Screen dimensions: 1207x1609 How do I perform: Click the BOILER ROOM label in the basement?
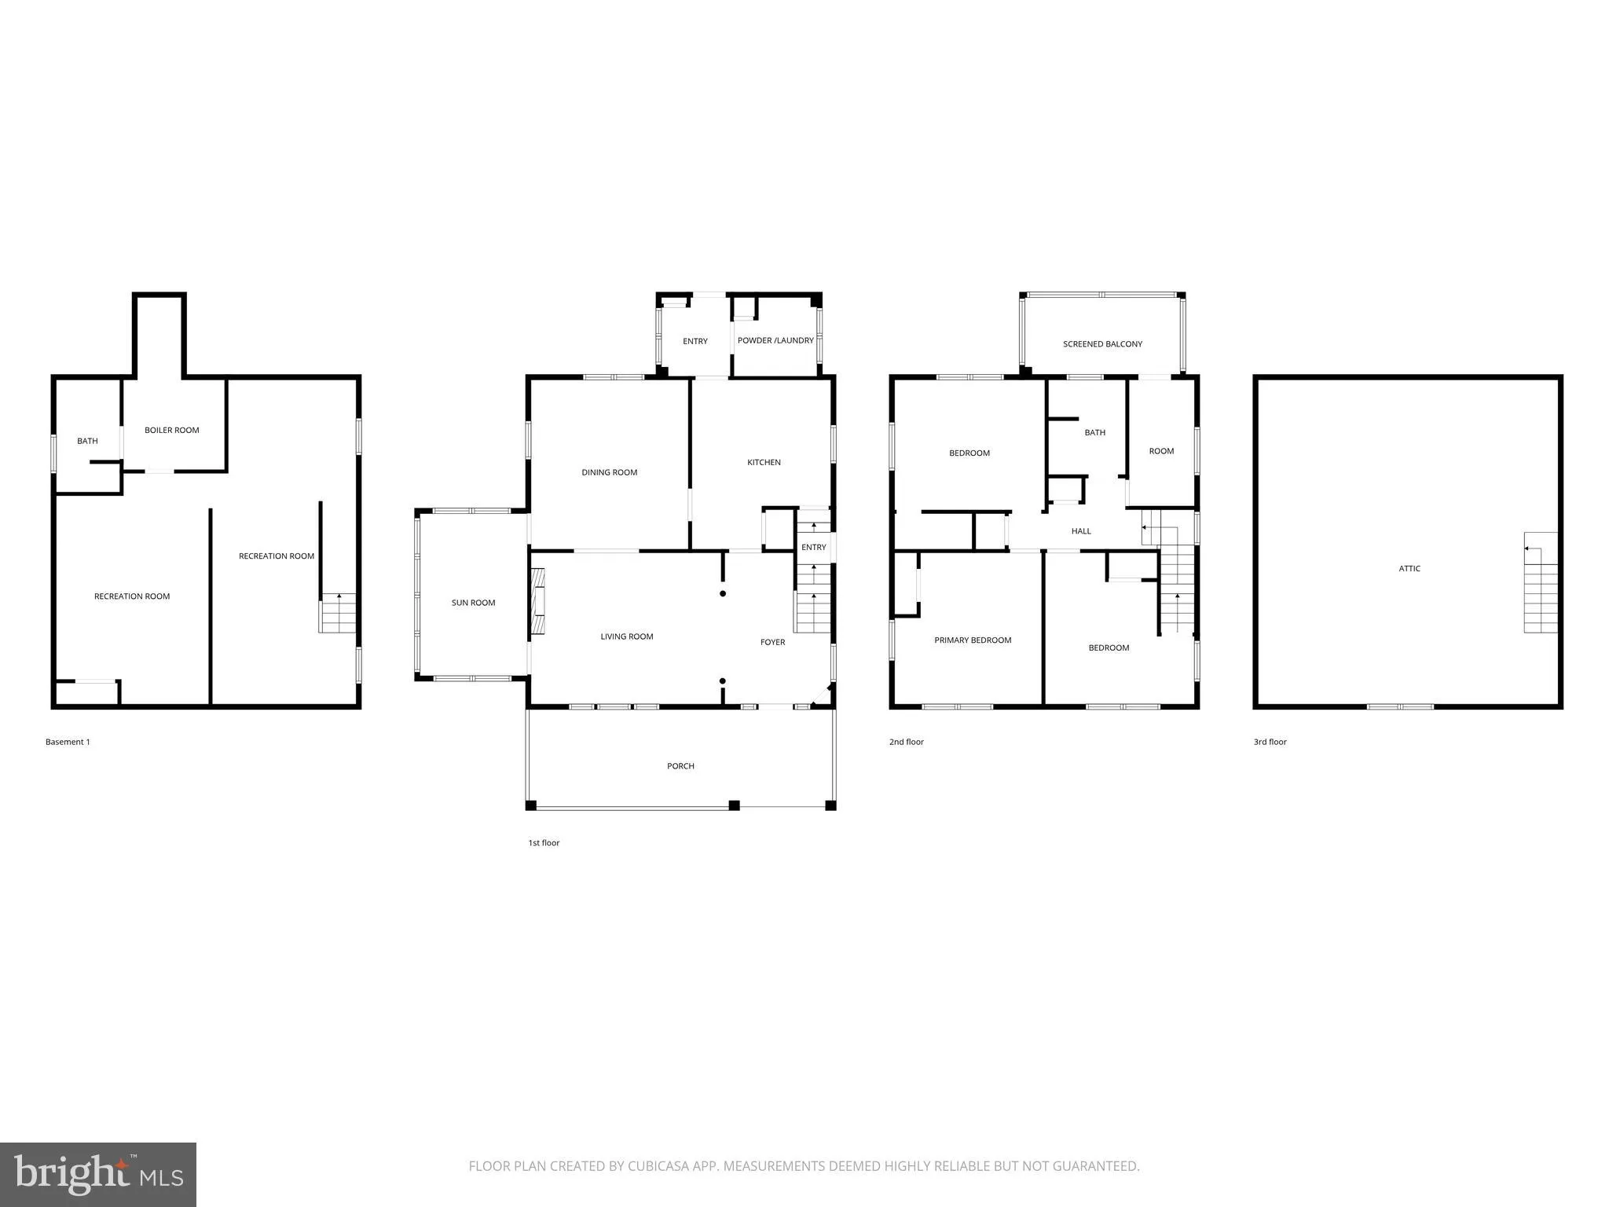pos(171,430)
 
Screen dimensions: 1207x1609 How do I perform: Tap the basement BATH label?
pos(87,441)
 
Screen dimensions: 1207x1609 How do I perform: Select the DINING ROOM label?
pos(609,472)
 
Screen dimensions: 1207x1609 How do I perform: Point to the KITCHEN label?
pos(764,462)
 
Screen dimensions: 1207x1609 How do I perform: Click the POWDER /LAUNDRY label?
pos(775,340)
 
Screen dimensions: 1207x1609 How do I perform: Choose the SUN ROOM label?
pos(473,603)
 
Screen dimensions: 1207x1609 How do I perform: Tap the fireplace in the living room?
pos(538,601)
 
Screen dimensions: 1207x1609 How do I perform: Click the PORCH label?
pos(680,766)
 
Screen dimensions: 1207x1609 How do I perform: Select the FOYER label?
pos(772,642)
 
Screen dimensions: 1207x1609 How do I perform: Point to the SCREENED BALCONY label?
pos(1102,344)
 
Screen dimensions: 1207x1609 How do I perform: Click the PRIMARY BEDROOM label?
pos(973,640)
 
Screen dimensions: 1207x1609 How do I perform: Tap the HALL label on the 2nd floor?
pos(1081,531)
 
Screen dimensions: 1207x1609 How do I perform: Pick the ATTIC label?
pos(1409,568)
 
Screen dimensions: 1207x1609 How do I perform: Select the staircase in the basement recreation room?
pos(338,614)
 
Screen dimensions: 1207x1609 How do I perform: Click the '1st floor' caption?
pos(544,843)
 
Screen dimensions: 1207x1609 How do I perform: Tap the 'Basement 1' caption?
pos(68,742)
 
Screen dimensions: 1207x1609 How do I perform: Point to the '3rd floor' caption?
pos(1270,742)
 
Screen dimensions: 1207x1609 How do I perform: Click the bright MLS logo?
pos(98,1174)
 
